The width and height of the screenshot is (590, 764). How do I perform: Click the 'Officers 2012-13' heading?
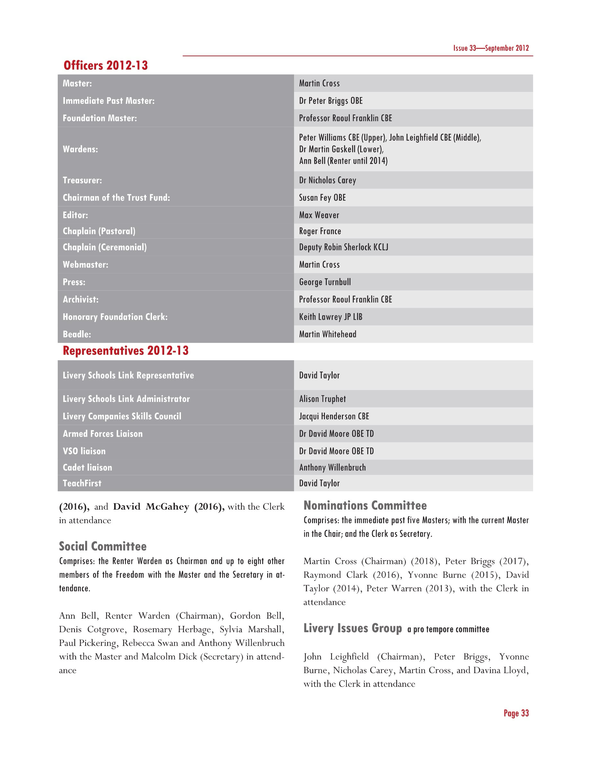coord(105,65)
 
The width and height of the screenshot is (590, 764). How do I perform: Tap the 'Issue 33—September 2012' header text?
coord(491,48)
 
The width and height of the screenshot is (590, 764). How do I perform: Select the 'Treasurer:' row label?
coord(82,180)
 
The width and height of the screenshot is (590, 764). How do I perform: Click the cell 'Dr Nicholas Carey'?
coord(327,180)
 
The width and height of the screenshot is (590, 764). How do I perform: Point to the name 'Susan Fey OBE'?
coord(322,198)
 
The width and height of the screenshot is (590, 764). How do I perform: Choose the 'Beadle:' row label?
coord(77,334)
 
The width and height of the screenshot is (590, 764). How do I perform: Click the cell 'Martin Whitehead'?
coord(327,334)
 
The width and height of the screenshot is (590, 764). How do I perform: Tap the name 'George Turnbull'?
coord(325,282)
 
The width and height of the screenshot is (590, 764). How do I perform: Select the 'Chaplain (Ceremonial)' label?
coord(104,247)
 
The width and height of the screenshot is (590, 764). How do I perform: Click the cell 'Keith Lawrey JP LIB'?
coord(331,317)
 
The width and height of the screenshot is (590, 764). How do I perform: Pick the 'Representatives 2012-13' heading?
coord(125,350)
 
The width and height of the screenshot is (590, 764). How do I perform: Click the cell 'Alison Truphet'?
coord(322,399)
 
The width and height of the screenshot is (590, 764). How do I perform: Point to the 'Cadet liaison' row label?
coord(87,467)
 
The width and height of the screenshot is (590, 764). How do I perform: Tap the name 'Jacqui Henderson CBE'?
coord(334,416)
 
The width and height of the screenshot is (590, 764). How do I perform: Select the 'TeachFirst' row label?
coord(82,483)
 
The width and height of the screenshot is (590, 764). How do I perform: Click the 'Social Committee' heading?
coord(103,546)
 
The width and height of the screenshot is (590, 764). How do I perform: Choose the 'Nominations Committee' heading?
coord(365,505)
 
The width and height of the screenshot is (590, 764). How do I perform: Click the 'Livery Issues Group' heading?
coord(352,628)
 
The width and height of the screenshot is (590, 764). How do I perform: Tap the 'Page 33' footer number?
coord(516,713)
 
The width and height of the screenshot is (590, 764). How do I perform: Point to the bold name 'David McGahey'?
coord(151,506)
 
